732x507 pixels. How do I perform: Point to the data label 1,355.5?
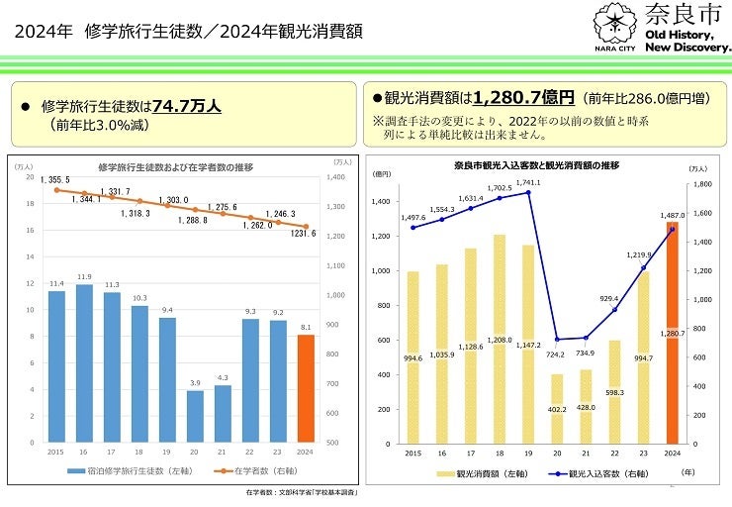54,179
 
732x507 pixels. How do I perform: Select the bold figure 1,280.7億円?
523,98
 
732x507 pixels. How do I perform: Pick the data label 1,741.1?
528,183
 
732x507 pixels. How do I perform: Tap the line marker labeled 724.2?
557,340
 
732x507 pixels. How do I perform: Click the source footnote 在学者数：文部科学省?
301,492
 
